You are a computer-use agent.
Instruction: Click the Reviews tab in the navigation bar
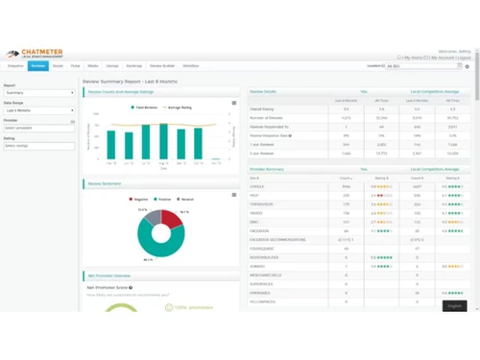click(x=38, y=66)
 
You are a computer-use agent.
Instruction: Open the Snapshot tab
click(x=15, y=66)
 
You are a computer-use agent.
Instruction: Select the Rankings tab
click(x=134, y=66)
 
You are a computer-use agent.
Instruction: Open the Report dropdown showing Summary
click(x=39, y=93)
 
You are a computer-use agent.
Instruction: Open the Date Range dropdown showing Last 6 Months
click(x=39, y=110)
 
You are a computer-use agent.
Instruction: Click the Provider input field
click(x=39, y=128)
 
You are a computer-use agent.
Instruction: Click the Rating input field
click(x=39, y=146)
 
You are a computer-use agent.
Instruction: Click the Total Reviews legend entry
click(x=145, y=108)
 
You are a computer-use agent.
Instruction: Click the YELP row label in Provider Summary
click(x=255, y=195)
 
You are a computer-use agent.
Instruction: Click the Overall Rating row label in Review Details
click(x=261, y=108)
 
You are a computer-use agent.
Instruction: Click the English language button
click(x=454, y=305)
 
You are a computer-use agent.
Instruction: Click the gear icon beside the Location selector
click(x=468, y=66)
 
